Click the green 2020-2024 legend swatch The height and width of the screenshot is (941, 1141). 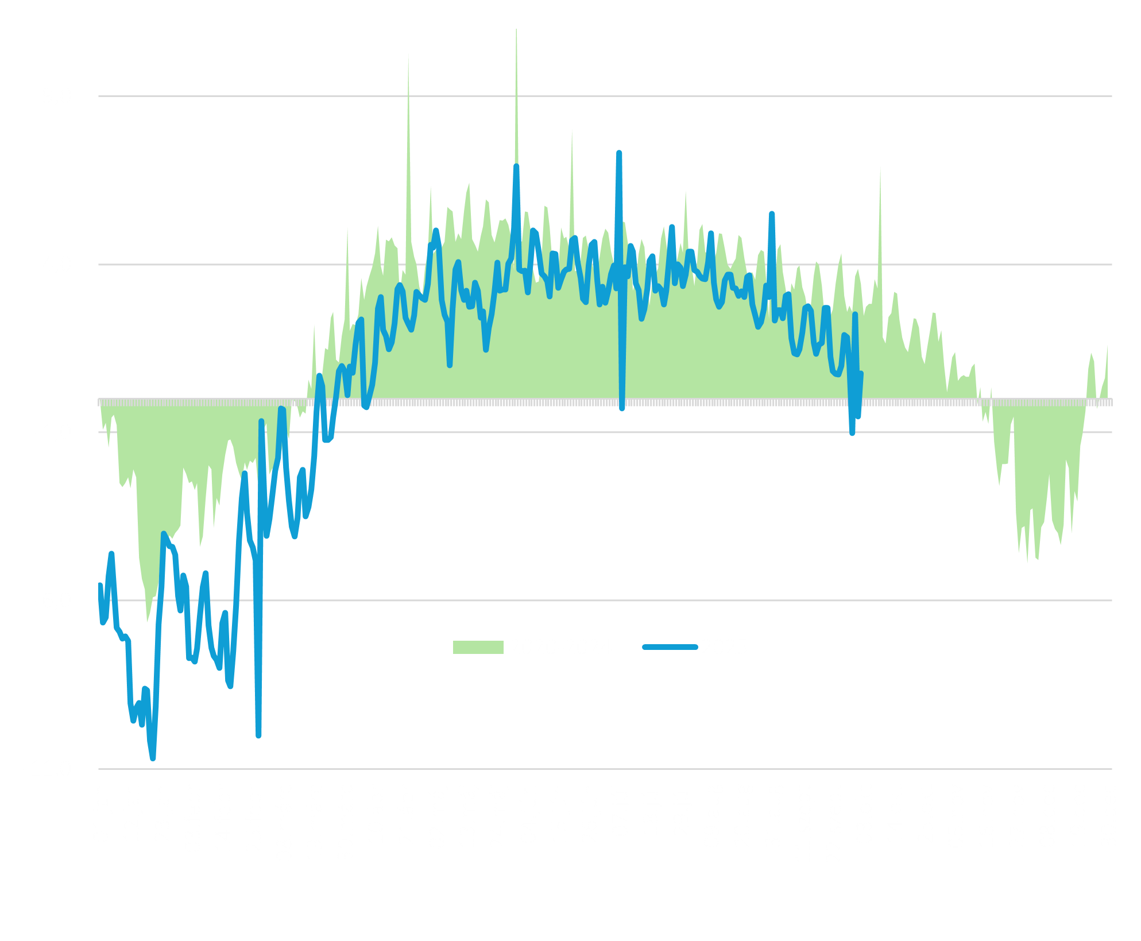pyautogui.click(x=478, y=647)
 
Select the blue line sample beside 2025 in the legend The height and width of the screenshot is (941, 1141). pyautogui.click(x=670, y=647)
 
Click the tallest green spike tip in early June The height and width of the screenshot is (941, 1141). pyautogui.click(x=516, y=29)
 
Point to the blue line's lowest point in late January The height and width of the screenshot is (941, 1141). pyautogui.click(x=153, y=758)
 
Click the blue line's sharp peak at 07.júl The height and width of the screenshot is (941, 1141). pyautogui.click(x=619, y=153)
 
